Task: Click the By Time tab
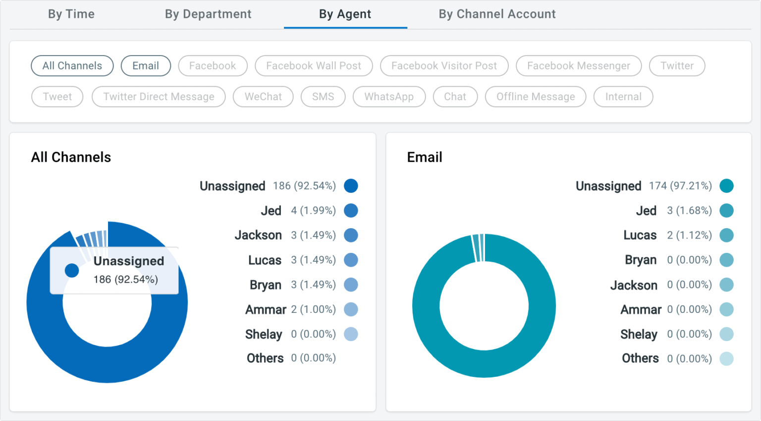(71, 14)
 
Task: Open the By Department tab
(208, 14)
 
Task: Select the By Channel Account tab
(497, 14)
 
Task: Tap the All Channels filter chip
(72, 66)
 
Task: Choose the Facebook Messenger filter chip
(578, 66)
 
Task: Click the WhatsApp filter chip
(389, 97)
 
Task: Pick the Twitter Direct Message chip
(159, 97)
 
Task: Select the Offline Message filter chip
(536, 97)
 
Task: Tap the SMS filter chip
(323, 97)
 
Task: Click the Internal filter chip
(623, 97)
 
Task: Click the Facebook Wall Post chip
(314, 66)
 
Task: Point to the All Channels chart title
(71, 157)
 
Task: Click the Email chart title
(425, 157)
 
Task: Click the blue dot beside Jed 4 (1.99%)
(351, 211)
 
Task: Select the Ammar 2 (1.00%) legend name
(266, 309)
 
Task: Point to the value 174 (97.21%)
(680, 186)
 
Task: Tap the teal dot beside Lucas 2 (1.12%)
(726, 235)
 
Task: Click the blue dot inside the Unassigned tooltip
(72, 270)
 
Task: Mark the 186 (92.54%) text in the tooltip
(126, 280)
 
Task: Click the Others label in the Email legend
(640, 359)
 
